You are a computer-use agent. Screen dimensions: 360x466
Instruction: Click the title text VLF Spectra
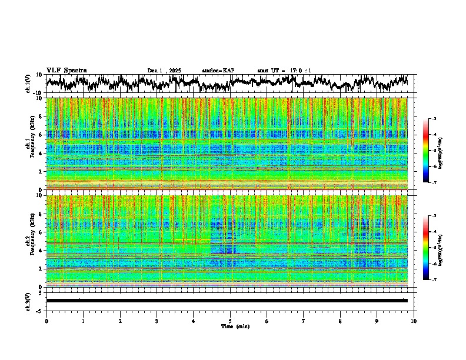(x=66, y=71)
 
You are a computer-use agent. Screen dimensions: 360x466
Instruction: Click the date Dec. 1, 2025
(x=164, y=71)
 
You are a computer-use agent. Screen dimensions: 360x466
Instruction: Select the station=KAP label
(x=218, y=71)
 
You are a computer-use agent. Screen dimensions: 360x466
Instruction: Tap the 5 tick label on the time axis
(x=230, y=321)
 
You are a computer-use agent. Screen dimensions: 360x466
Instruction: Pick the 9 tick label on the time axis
(x=377, y=321)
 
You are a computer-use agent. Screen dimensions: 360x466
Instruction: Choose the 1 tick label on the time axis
(x=83, y=321)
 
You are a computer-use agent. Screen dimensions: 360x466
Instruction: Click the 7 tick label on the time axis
(x=304, y=321)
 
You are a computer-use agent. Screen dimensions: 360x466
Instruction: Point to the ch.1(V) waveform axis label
(x=28, y=84)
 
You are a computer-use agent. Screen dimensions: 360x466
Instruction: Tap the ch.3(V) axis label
(x=28, y=300)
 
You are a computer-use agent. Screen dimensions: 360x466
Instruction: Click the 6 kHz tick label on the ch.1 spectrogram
(x=41, y=135)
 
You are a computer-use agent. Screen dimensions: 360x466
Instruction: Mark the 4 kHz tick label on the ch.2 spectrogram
(x=41, y=250)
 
